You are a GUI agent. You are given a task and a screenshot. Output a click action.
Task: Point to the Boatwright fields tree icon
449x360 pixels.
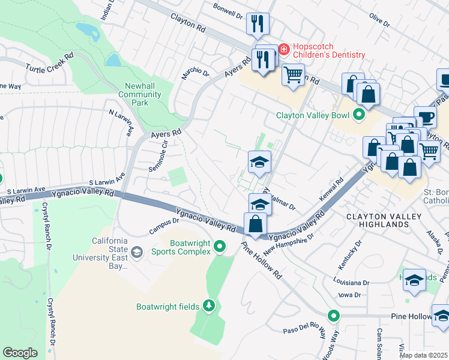click(208, 306)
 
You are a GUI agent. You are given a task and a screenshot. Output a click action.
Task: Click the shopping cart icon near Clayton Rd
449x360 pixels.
click(292, 76)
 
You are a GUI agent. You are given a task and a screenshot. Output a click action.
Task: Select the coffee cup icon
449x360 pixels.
click(425, 117)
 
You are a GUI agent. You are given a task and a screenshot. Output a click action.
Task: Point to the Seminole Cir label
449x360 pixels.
click(161, 158)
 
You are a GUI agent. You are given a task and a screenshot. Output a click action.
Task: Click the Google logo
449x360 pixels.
click(20, 353)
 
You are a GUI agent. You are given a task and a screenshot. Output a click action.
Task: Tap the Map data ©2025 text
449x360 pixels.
click(424, 355)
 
